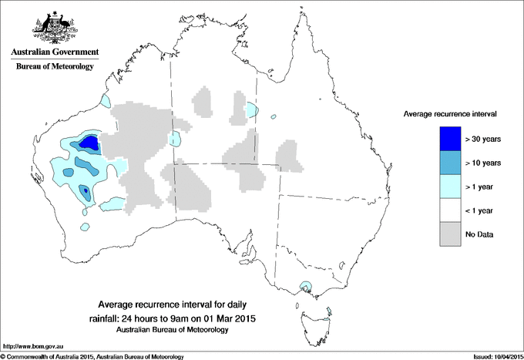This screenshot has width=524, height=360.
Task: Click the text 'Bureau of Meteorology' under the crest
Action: [x=54, y=67]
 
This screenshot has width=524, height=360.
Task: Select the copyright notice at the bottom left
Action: [x=92, y=356]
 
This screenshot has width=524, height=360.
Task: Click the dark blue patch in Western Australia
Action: [x=89, y=143]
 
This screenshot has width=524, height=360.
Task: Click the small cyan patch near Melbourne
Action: [x=307, y=288]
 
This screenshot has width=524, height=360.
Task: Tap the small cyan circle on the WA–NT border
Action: [x=176, y=139]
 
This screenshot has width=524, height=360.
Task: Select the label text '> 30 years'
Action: [x=483, y=139]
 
